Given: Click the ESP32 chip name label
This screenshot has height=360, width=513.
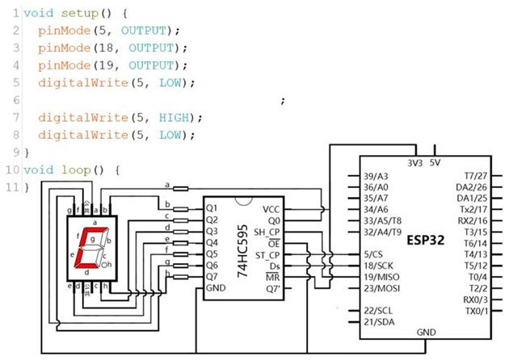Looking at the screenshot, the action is pyautogui.click(x=425, y=241).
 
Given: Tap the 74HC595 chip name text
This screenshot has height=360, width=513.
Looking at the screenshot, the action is pyautogui.click(x=242, y=251).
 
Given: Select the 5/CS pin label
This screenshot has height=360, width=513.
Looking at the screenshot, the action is pyautogui.click(x=373, y=254).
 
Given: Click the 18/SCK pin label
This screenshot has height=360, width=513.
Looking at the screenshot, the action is pyautogui.click(x=379, y=266).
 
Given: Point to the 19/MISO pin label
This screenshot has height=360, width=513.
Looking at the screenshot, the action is pyautogui.click(x=381, y=278).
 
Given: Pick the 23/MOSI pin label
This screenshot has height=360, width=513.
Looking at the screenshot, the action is pyautogui.click(x=382, y=288).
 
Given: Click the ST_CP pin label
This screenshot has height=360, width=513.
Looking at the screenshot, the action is pyautogui.click(x=267, y=255).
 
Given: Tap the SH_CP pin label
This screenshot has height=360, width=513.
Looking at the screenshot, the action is pyautogui.click(x=267, y=232).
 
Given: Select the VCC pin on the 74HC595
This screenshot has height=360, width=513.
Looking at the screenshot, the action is pyautogui.click(x=271, y=210).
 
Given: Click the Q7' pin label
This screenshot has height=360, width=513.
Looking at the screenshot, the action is pyautogui.click(x=274, y=289).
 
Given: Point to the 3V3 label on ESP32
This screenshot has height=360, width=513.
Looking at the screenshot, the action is pyautogui.click(x=415, y=163).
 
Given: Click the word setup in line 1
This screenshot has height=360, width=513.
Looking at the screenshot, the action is pyautogui.click(x=80, y=14).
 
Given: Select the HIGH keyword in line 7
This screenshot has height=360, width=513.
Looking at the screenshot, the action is pyautogui.click(x=174, y=117).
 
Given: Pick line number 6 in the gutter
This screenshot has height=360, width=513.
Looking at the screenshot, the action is pyautogui.click(x=16, y=100).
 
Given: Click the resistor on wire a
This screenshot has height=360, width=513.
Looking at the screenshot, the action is pyautogui.click(x=181, y=189).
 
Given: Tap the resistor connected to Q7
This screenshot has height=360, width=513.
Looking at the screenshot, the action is pyautogui.click(x=181, y=278).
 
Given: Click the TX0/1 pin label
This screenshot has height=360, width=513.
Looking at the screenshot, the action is pyautogui.click(x=477, y=311).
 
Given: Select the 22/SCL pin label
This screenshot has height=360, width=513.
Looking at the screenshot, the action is pyautogui.click(x=378, y=311).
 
